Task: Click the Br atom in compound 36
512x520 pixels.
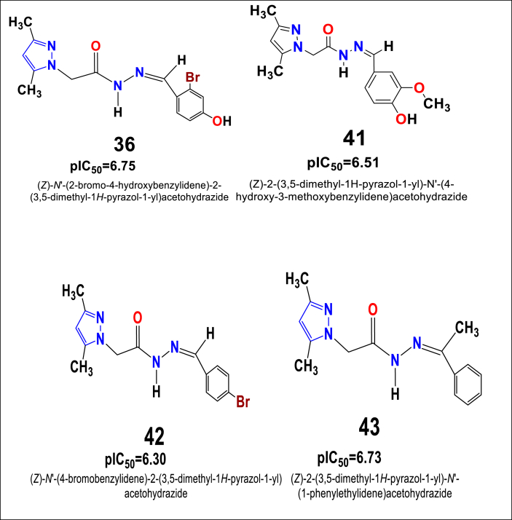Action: coord(193,75)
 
